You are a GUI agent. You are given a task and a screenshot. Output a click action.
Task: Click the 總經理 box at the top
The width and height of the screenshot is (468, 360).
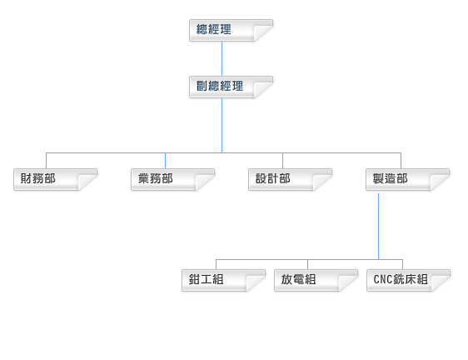[x=231, y=31]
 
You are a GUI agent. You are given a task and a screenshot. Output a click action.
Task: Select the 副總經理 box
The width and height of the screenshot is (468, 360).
[x=231, y=87]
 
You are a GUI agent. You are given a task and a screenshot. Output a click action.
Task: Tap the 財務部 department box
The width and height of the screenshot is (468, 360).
[x=55, y=179]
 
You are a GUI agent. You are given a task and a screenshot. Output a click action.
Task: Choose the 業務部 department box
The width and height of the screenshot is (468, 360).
[x=173, y=179]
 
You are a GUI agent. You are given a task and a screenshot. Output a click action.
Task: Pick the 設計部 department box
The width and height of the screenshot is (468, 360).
[x=290, y=179]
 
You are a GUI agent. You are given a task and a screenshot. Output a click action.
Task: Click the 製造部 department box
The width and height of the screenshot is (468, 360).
[x=408, y=179]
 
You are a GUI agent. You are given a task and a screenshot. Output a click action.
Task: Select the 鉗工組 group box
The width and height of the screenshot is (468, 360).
[x=223, y=280]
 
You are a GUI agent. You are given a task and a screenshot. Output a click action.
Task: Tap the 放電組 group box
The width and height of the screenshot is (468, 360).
[x=316, y=280]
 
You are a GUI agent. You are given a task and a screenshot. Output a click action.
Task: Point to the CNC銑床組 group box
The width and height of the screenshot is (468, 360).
[x=408, y=280]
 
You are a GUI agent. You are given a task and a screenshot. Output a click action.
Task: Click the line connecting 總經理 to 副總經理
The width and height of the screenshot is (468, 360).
[x=222, y=59]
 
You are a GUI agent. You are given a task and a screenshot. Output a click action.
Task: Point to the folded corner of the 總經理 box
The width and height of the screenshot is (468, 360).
[x=262, y=32]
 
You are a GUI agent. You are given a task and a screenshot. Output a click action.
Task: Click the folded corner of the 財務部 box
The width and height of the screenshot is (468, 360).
[x=87, y=182]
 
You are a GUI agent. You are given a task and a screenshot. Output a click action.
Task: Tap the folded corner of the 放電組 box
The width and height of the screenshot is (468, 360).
[x=348, y=282]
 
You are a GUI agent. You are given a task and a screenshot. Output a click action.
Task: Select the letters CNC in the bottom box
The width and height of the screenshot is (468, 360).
[x=383, y=280]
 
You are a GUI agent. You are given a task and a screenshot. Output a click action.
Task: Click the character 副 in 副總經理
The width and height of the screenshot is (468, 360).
[x=202, y=86]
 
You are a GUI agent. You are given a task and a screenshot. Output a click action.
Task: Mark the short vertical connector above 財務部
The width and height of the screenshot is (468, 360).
[x=47, y=161]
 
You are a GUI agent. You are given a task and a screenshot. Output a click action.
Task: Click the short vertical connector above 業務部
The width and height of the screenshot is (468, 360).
[x=165, y=161]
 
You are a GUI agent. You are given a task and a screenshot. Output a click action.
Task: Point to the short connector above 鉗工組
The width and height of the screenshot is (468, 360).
[x=216, y=264]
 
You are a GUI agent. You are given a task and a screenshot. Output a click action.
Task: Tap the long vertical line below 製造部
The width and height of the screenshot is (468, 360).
[x=378, y=226]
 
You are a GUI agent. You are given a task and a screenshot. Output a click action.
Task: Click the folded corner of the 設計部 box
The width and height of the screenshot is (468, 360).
[x=322, y=182]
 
